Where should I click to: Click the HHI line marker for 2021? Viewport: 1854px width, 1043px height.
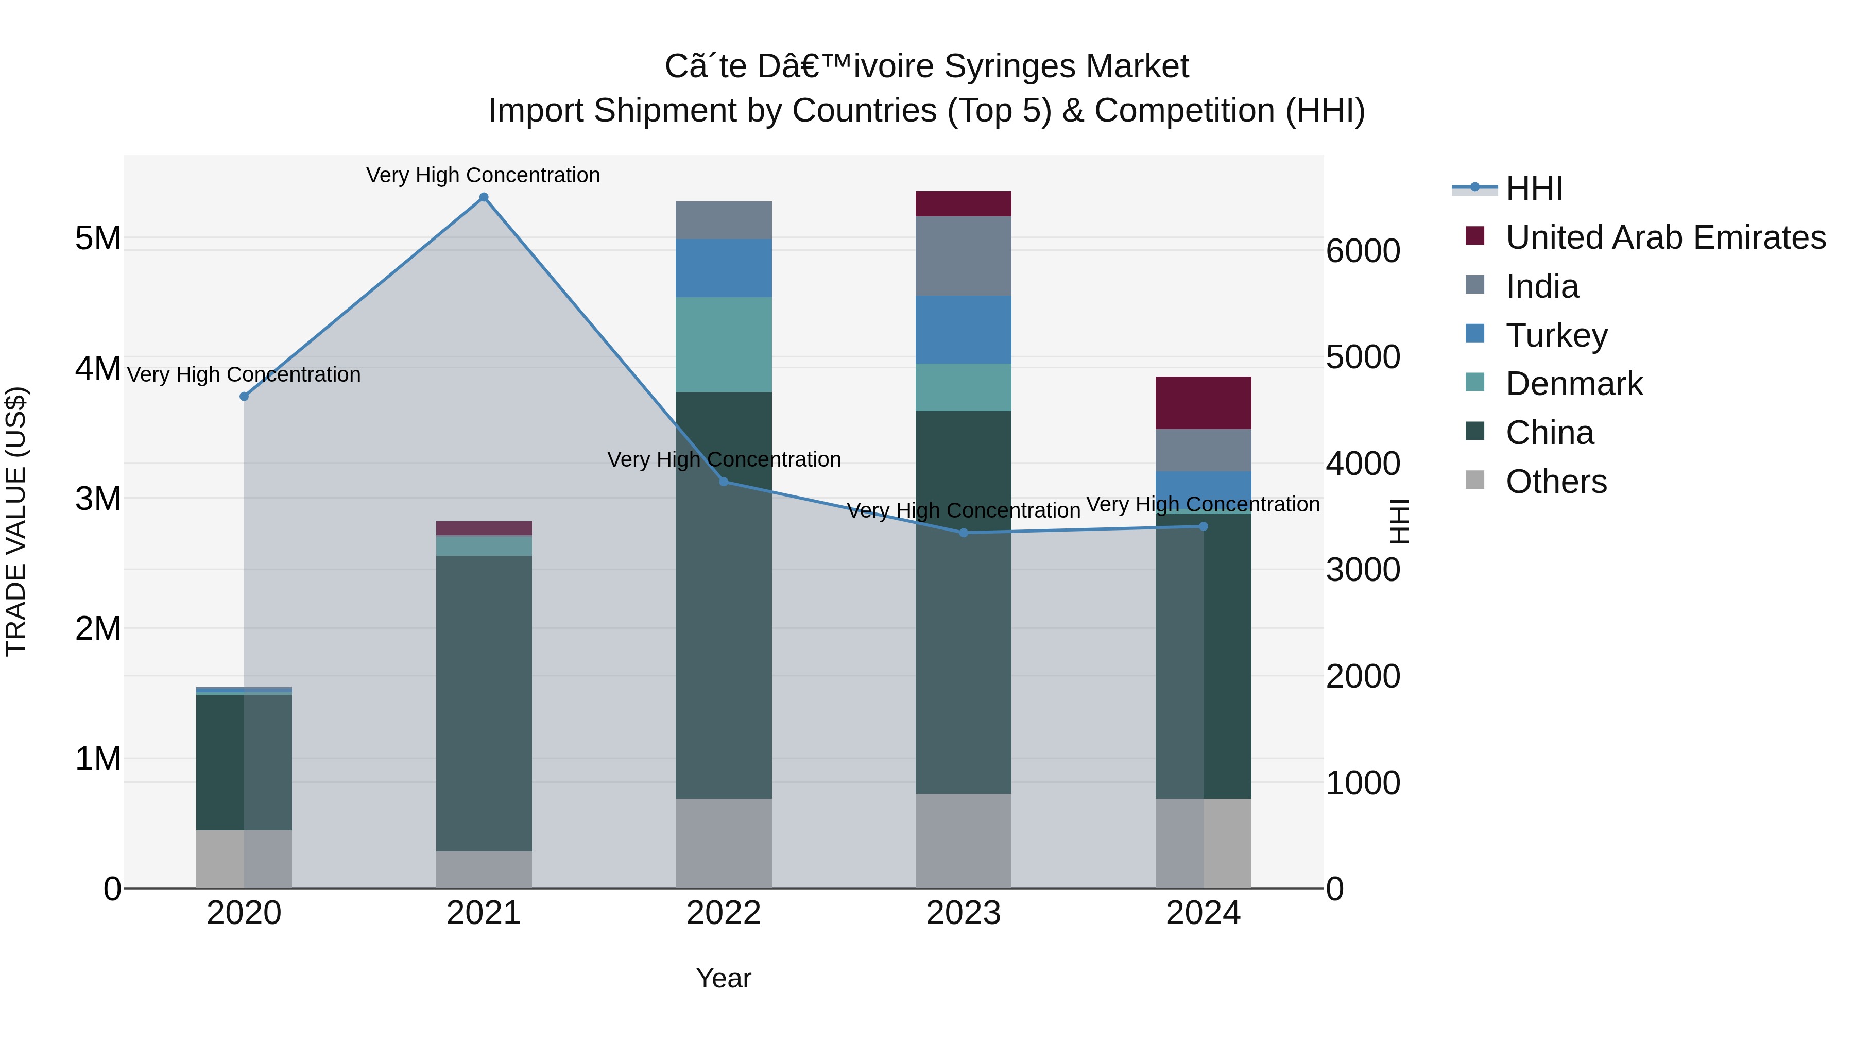[x=484, y=197]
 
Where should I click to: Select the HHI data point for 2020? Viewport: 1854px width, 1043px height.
[x=244, y=397]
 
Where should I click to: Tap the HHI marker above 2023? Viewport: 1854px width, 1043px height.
[x=964, y=533]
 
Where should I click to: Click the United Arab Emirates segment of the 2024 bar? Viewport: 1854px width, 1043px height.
[x=1204, y=403]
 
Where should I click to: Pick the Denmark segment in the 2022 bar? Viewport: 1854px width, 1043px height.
[x=724, y=344]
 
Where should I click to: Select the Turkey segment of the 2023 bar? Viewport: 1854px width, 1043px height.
[x=963, y=329]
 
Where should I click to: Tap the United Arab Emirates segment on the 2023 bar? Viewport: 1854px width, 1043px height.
[x=963, y=203]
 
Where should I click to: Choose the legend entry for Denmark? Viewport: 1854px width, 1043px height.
[x=1573, y=384]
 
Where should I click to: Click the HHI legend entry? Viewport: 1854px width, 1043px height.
[x=1533, y=189]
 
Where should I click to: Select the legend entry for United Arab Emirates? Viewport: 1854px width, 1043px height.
[x=1664, y=237]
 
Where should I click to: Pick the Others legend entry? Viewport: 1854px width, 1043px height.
[x=1555, y=482]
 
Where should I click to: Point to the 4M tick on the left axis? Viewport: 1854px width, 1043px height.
[x=98, y=369]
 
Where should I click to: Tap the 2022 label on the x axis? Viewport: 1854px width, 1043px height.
[x=724, y=913]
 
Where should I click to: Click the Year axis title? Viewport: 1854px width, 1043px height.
[x=724, y=978]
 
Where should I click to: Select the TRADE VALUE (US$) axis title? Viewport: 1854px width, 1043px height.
[x=16, y=521]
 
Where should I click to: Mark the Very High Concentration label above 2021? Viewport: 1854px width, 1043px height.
[x=483, y=175]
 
